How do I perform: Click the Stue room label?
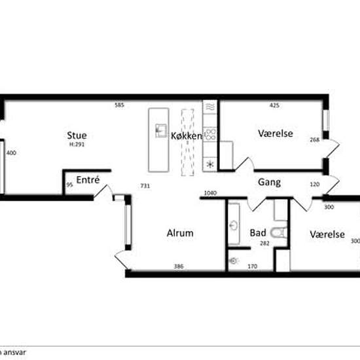click(77, 135)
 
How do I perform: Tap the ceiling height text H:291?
click(77, 145)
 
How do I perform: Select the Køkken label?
click(187, 136)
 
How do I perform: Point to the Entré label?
click(88, 180)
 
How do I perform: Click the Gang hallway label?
click(269, 182)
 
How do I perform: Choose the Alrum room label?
click(180, 233)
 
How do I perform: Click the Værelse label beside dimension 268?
click(276, 134)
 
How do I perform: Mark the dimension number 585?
click(119, 105)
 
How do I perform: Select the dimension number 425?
click(276, 105)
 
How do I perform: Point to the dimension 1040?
click(210, 192)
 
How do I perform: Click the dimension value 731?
click(145, 186)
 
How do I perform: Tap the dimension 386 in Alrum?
click(178, 266)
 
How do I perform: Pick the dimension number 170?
click(251, 266)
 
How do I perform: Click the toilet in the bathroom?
click(279, 232)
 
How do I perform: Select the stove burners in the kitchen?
click(211, 134)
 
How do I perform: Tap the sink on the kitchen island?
click(160, 131)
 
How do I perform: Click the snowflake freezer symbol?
click(210, 164)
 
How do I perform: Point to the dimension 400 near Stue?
click(10, 153)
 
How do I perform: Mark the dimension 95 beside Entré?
click(69, 185)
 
